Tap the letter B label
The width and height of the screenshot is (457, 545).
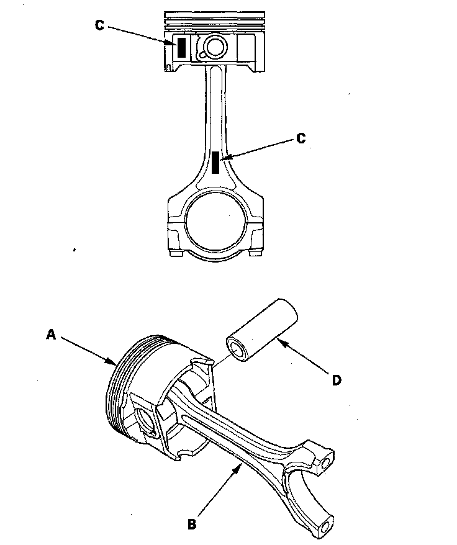point(192,523)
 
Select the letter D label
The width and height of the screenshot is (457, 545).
point(337,380)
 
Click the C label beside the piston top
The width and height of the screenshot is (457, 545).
point(100,25)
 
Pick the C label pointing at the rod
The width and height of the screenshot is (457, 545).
point(301,138)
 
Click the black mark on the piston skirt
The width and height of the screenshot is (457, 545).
point(181,48)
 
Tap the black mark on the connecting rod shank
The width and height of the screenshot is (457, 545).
point(215,162)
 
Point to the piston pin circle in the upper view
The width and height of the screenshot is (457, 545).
point(217,46)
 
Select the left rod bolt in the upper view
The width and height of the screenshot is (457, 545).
point(174,253)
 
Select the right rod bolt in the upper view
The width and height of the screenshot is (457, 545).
point(255,253)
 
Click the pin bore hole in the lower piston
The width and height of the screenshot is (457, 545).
point(144,419)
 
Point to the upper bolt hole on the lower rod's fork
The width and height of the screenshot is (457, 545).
point(325,463)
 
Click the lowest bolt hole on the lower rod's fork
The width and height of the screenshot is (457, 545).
point(327,529)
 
